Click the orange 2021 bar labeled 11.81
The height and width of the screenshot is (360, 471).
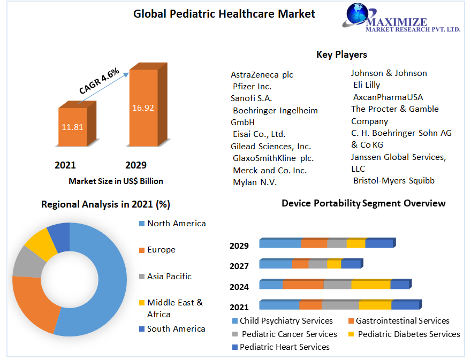tap(72, 127)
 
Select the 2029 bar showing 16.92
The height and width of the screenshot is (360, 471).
tap(143, 108)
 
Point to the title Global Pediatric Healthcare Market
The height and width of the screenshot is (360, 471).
tap(224, 14)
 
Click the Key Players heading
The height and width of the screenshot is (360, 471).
tap(341, 55)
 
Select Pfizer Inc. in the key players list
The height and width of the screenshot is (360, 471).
tap(252, 86)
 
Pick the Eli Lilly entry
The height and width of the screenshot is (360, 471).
tap(367, 85)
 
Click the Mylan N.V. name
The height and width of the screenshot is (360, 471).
tap(255, 182)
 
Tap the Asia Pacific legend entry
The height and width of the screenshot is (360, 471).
tap(169, 276)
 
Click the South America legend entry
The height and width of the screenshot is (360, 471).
tap(176, 328)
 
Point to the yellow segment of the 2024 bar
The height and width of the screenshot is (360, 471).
tap(370, 285)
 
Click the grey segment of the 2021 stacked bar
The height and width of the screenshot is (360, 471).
tap(340, 305)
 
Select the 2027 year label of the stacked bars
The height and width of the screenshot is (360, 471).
tap(239, 266)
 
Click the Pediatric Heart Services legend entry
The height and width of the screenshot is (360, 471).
tap(284, 347)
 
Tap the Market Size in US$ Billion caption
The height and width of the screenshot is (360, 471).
tap(116, 181)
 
